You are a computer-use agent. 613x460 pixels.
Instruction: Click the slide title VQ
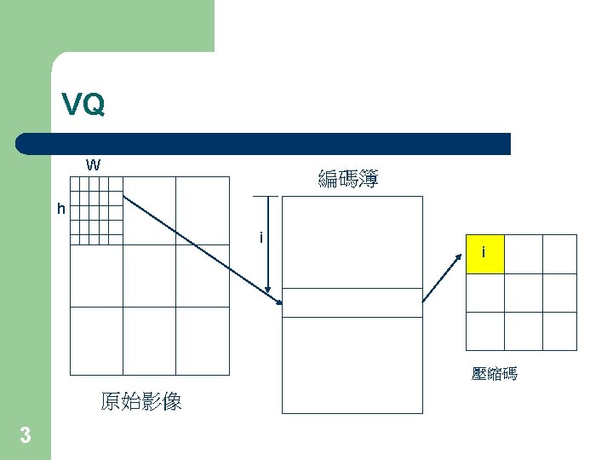click(x=83, y=105)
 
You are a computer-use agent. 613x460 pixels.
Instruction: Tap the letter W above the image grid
click(x=93, y=164)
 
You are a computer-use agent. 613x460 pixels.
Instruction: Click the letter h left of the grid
click(x=60, y=208)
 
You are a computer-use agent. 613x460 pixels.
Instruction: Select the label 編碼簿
click(x=348, y=179)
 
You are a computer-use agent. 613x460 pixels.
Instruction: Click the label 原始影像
click(x=140, y=401)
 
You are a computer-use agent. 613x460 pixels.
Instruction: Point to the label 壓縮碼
click(x=494, y=374)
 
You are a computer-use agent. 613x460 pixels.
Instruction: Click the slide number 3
click(x=25, y=436)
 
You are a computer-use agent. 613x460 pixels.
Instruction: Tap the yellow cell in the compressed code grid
click(x=484, y=253)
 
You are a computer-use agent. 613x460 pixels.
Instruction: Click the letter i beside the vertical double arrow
click(x=261, y=237)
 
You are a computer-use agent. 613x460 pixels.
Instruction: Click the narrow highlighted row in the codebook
click(x=352, y=302)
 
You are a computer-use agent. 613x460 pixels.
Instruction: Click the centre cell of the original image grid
click(x=149, y=276)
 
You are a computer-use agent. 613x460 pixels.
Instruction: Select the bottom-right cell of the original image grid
click(x=203, y=341)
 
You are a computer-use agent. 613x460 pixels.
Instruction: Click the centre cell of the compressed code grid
click(x=522, y=292)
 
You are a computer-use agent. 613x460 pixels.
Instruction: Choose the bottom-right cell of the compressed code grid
click(x=559, y=331)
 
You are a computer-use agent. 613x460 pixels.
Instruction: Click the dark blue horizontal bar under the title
click(x=264, y=144)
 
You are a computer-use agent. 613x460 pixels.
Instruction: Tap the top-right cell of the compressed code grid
click(x=559, y=253)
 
